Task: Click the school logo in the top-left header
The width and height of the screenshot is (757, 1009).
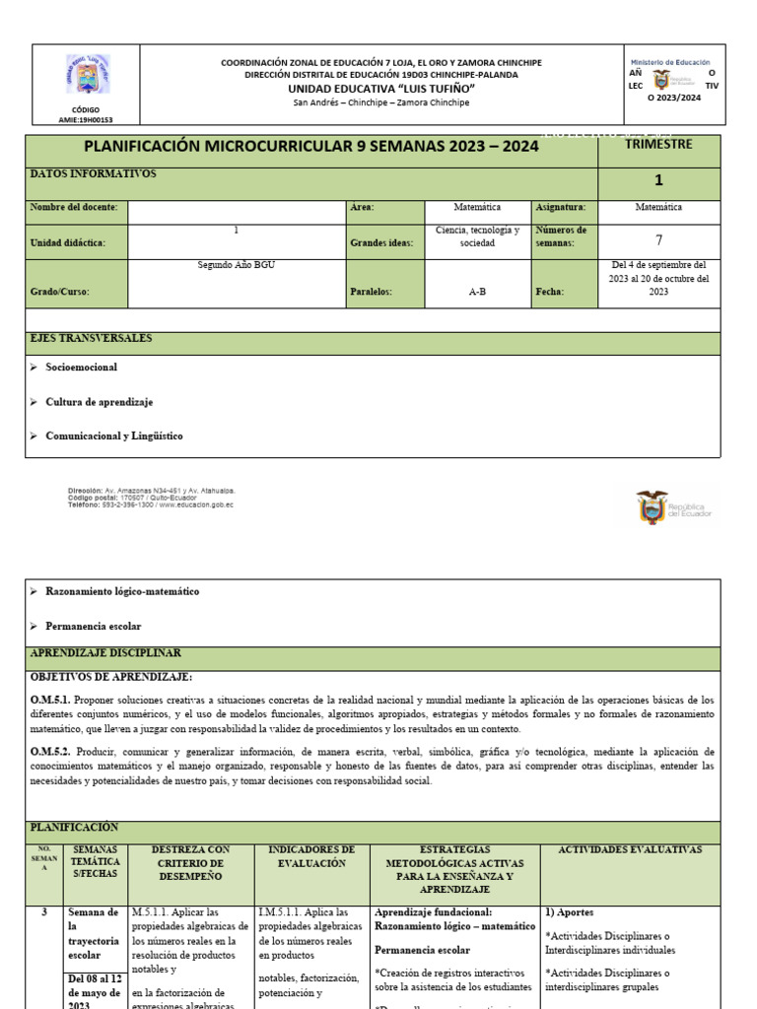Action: tap(87, 74)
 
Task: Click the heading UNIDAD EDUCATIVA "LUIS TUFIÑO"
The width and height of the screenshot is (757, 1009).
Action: tap(380, 89)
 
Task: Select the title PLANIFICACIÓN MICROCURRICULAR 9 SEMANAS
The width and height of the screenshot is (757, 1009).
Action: tap(311, 146)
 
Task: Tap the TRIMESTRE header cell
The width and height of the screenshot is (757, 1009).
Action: tap(658, 144)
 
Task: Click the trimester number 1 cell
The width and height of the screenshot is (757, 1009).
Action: tap(658, 180)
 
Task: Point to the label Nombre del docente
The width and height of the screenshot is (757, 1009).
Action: tap(74, 207)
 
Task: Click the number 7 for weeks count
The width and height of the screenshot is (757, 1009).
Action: tap(658, 239)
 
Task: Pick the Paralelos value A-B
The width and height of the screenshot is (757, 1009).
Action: tap(477, 292)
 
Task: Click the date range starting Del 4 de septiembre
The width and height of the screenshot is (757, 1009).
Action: tap(658, 279)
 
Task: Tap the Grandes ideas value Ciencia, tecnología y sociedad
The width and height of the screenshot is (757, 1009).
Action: tap(477, 235)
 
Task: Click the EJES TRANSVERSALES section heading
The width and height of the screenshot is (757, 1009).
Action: tap(91, 338)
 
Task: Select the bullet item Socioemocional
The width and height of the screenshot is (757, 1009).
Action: tap(81, 367)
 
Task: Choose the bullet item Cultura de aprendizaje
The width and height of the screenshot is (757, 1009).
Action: tap(99, 402)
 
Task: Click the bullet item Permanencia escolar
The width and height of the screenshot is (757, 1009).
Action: tap(93, 626)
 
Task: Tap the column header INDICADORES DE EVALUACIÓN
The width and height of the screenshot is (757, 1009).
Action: tap(310, 856)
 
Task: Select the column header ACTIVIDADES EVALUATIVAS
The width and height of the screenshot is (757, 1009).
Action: tap(629, 849)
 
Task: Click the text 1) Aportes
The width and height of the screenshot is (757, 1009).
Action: tap(569, 912)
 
